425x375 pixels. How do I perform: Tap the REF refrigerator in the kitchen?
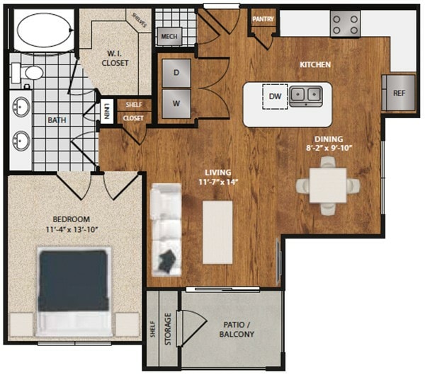pos(398,93)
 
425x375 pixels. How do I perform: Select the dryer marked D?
pos(176,72)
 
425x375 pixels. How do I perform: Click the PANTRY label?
pos(263,19)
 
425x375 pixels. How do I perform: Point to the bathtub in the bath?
pos(42,30)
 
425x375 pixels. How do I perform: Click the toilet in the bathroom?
pos(28,72)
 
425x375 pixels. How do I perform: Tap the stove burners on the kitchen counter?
pos(345,25)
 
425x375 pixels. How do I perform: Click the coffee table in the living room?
pos(218,231)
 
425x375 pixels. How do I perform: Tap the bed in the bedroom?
pos(74,290)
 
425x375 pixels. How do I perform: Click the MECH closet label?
pos(169,37)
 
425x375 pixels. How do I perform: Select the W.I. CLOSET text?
pos(114,57)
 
